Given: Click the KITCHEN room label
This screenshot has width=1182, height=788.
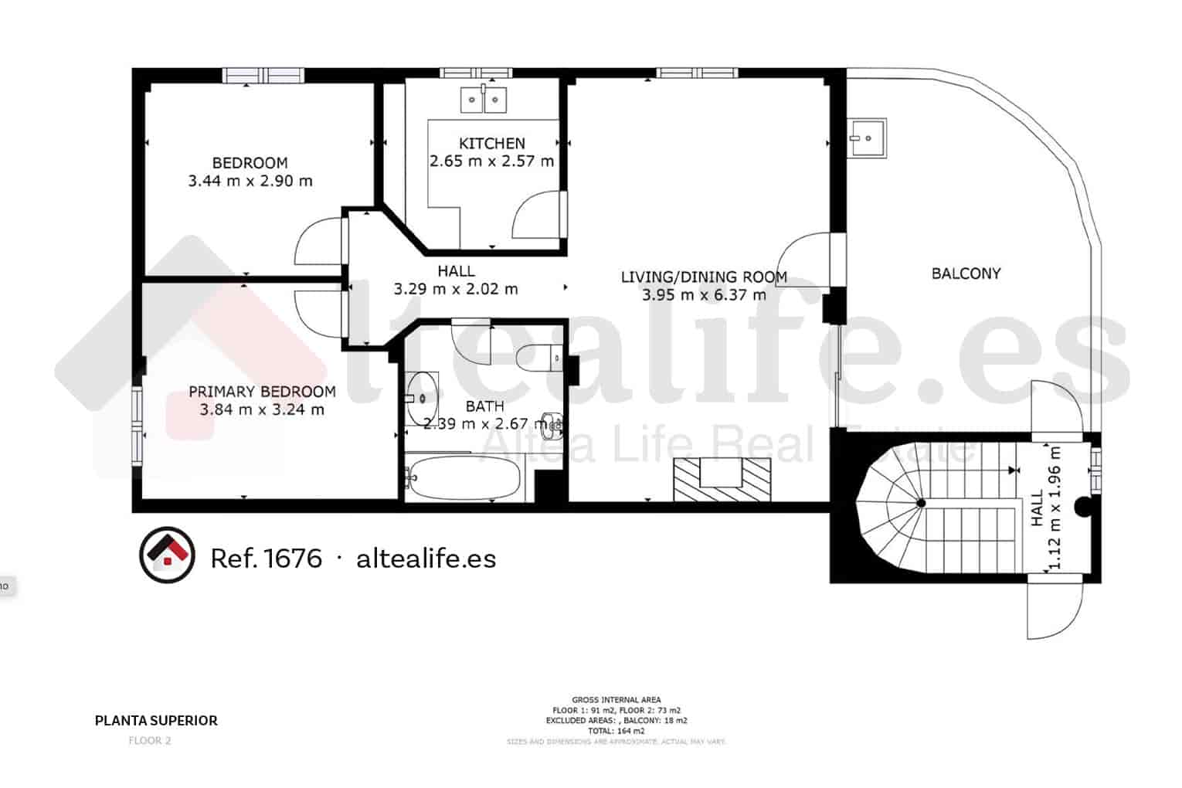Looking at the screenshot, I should [x=491, y=143].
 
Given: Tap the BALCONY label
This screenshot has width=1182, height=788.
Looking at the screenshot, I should [x=966, y=273].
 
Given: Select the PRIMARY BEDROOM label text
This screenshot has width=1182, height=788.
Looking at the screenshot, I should [x=262, y=392].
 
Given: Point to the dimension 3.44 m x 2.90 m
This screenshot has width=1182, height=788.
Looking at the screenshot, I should [x=250, y=182].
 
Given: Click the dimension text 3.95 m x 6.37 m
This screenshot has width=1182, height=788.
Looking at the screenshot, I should [x=704, y=294].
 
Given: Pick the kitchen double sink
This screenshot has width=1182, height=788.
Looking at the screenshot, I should [x=484, y=100].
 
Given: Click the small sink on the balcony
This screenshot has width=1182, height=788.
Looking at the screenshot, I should [x=867, y=138].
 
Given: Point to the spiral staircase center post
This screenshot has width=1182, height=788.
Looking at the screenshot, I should [x=920, y=504].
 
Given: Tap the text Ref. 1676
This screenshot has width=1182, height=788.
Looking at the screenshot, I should [x=266, y=558].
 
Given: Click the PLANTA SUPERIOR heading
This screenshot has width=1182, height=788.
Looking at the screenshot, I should [x=156, y=721].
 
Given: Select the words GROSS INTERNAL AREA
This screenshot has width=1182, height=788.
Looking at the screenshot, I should [x=616, y=700].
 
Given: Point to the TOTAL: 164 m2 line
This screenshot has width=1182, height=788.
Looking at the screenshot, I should [x=616, y=730].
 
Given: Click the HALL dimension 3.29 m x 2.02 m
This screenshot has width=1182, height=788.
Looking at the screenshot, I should [x=456, y=290].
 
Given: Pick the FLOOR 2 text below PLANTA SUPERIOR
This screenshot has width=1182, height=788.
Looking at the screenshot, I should [x=150, y=740].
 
